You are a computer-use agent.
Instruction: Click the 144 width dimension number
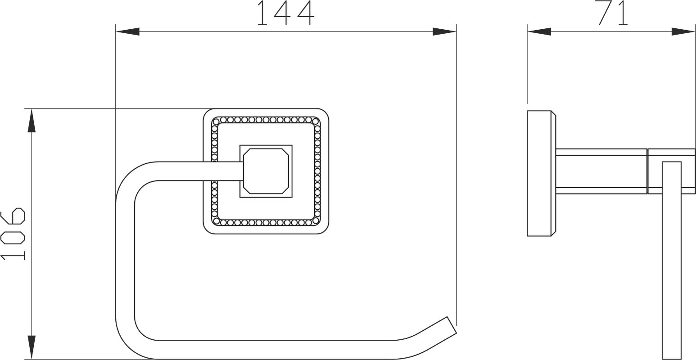pos(286,13)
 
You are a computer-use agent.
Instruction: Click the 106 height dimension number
pos(13,234)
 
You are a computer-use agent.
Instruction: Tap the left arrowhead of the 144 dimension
pos(128,31)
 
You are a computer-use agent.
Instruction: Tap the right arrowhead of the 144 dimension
pos(445,31)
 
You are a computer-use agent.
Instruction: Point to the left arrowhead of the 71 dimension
pos(539,31)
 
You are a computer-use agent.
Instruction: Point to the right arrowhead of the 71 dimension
pos(683,31)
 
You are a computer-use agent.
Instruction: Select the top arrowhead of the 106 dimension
pos(32,121)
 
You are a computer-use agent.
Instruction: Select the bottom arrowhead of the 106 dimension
pos(32,347)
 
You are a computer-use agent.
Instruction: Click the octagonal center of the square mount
pos(266,171)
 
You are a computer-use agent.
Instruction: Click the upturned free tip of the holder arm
pos(452,325)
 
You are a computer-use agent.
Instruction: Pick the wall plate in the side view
pos(542,173)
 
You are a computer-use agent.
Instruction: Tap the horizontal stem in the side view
pos(601,171)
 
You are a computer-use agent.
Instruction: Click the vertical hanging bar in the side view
pos(672,260)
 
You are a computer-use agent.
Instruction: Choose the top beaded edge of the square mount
pos(266,120)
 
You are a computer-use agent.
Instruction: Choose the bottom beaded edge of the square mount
pos(266,222)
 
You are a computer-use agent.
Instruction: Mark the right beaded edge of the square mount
pos(317,171)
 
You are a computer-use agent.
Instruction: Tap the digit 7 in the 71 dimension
pos(606,13)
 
